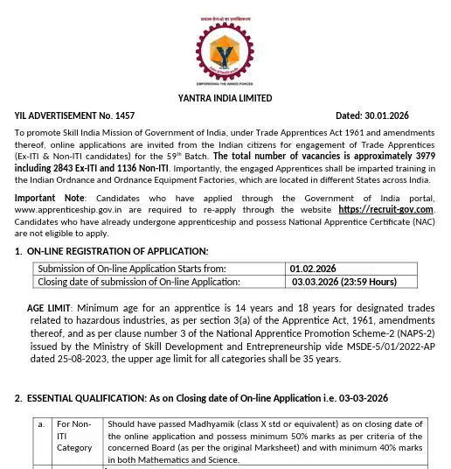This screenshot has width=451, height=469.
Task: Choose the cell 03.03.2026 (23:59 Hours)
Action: click(346, 282)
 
